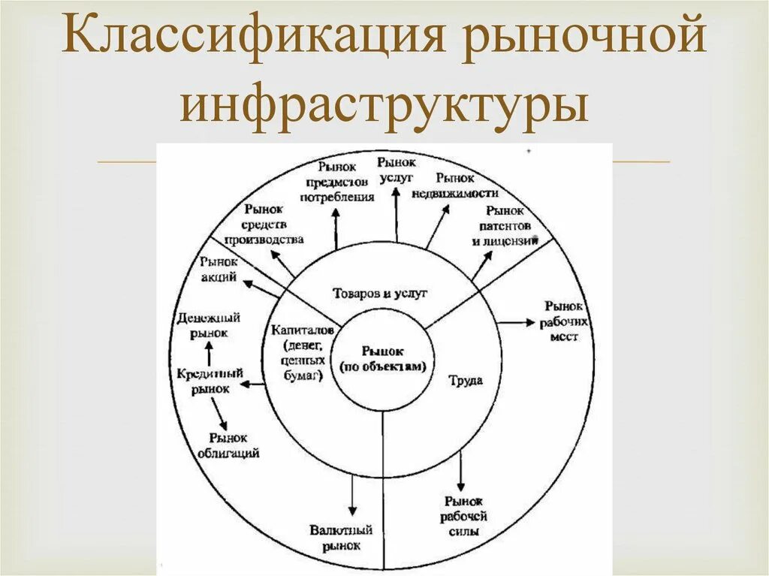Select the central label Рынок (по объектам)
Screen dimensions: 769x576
tap(382, 359)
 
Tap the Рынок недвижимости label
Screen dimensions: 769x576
tap(455, 185)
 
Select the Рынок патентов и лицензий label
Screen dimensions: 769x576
tap(504, 225)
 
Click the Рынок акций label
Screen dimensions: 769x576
tap(219, 269)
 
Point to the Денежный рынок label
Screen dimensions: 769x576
tap(203, 325)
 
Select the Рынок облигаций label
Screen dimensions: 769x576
tap(229, 445)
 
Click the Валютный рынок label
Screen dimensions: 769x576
tap(336, 538)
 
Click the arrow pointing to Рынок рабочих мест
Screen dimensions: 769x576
tap(513, 322)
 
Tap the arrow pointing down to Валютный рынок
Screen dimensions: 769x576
tap(352, 496)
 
